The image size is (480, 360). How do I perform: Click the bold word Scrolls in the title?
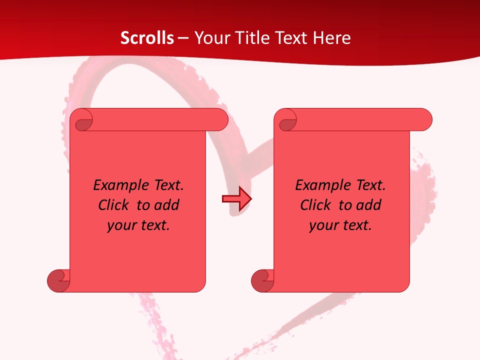(147, 38)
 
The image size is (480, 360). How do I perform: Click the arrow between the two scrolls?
(236, 199)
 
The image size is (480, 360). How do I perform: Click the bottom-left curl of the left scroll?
(58, 281)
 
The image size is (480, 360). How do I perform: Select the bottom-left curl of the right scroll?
(262, 281)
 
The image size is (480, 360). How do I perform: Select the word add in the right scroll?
(368, 205)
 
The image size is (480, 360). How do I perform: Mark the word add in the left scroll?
(166, 205)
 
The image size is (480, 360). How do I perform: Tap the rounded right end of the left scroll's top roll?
(220, 120)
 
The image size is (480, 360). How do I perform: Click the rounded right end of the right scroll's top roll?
(424, 120)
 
